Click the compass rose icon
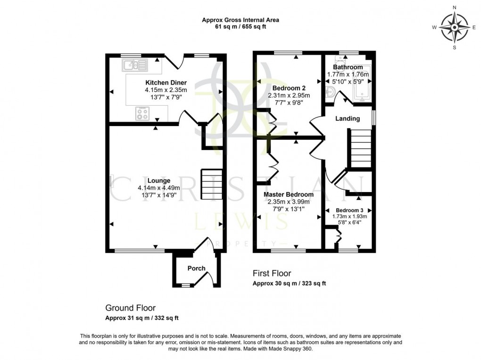[x=454, y=27]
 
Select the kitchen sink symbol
[x=134, y=65]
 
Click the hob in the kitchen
[x=143, y=114]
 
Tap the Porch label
[x=197, y=268]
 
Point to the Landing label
[x=348, y=118]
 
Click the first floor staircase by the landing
[x=362, y=149]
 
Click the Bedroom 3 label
[x=349, y=210]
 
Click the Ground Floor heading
[x=130, y=308]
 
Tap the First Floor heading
[x=272, y=273]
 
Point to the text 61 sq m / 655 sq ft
[x=240, y=27]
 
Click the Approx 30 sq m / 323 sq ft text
[x=289, y=284]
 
